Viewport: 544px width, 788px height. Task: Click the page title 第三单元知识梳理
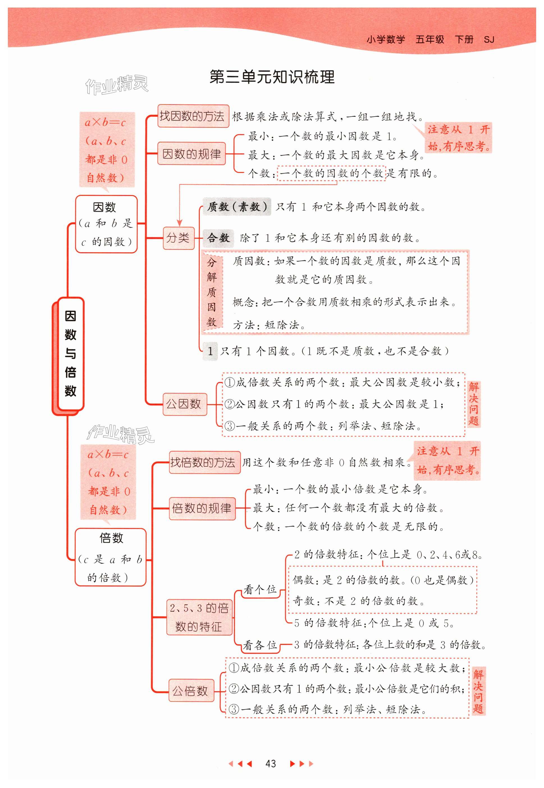pyautogui.click(x=272, y=77)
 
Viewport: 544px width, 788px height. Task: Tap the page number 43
pyautogui.click(x=270, y=764)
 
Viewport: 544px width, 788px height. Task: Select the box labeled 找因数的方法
pyautogui.click(x=193, y=116)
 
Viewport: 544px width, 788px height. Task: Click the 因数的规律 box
pyautogui.click(x=191, y=154)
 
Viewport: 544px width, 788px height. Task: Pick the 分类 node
pyautogui.click(x=178, y=238)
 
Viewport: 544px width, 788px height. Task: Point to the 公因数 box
pyautogui.click(x=184, y=404)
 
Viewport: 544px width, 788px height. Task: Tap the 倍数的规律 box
pyautogui.click(x=202, y=508)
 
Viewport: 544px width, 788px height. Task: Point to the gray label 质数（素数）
pyautogui.click(x=237, y=207)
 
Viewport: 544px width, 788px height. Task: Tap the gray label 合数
pyautogui.click(x=218, y=238)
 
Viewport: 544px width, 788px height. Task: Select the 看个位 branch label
pyautogui.click(x=260, y=589)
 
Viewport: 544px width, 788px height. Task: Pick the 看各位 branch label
pyautogui.click(x=260, y=645)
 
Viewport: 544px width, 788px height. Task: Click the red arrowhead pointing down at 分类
pyautogui.click(x=180, y=223)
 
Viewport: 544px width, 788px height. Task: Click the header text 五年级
pyautogui.click(x=429, y=40)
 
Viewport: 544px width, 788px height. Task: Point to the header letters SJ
pyautogui.click(x=489, y=40)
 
